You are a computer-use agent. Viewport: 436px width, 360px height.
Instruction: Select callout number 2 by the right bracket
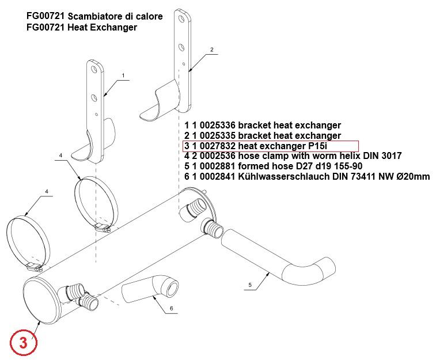211,50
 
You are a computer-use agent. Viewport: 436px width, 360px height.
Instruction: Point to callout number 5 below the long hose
250,285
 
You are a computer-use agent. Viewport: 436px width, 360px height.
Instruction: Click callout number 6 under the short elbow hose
171,309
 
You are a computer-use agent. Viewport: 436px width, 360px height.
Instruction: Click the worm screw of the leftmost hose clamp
35,267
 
